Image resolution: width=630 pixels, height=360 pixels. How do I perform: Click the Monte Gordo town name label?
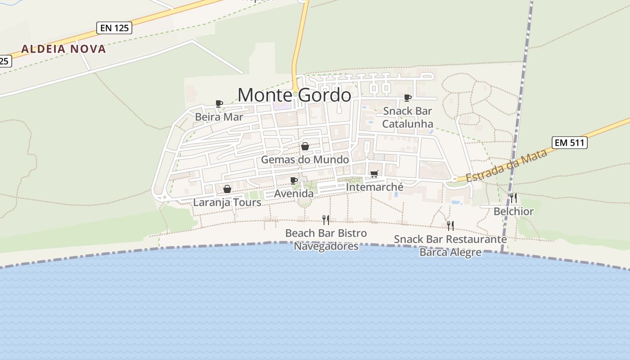tap(294, 95)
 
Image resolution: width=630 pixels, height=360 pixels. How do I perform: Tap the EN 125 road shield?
tap(114, 28)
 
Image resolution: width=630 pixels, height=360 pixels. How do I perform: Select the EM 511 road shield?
tap(570, 143)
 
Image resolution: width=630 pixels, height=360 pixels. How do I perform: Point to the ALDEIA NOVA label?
tap(63, 49)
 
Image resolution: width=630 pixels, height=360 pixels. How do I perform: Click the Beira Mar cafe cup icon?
tap(219, 104)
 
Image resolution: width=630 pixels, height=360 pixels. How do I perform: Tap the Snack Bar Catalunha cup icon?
tap(408, 98)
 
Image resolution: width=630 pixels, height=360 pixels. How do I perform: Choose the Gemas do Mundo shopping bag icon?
tap(305, 146)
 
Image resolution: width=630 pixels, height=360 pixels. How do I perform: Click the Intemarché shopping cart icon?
tap(374, 174)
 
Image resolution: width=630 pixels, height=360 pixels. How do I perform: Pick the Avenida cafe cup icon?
tap(294, 180)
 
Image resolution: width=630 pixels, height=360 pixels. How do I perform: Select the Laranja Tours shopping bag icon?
tap(227, 189)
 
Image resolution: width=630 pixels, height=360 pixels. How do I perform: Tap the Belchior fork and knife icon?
tap(513, 198)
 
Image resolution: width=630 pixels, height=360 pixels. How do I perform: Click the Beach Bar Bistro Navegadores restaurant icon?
tap(326, 220)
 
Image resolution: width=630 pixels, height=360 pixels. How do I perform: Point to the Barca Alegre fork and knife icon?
tap(450, 225)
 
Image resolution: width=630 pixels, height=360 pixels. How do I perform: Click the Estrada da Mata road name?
tap(506, 166)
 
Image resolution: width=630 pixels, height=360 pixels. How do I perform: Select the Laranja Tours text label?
tap(227, 202)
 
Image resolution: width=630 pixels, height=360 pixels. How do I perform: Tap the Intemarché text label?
tap(375, 186)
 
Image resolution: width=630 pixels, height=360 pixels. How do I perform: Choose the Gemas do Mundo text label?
tap(305, 160)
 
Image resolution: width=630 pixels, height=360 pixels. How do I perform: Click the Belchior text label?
tap(513, 211)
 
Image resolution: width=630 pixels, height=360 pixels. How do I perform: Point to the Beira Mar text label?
tap(219, 117)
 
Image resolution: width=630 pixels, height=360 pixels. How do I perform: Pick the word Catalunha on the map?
tap(408, 124)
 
